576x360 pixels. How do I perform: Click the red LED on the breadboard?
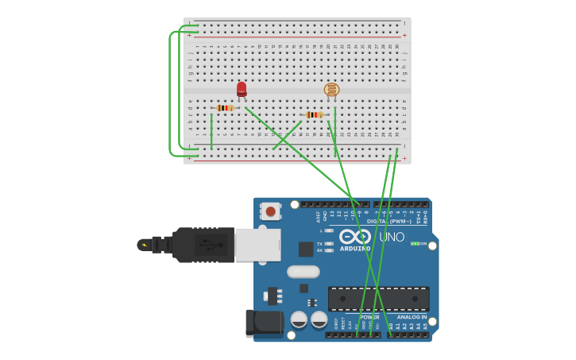(x=242, y=89)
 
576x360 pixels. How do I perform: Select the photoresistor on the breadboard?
(x=331, y=90)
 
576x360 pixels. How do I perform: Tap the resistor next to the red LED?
(x=226, y=108)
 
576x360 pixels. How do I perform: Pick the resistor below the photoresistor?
(x=315, y=114)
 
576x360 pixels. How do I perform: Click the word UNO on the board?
(x=392, y=237)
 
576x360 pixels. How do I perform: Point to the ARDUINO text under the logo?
(x=355, y=249)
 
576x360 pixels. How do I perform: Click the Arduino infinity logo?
(x=355, y=236)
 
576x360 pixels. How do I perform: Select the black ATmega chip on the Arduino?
(x=379, y=298)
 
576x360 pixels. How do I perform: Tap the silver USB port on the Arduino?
(x=257, y=245)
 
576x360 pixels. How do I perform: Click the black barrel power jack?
(x=264, y=322)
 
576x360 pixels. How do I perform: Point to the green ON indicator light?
(x=415, y=243)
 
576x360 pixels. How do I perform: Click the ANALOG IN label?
(x=412, y=317)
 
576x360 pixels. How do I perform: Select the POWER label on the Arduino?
(x=370, y=317)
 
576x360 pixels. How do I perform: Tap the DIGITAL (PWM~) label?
(x=389, y=221)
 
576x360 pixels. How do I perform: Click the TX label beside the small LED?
(x=319, y=244)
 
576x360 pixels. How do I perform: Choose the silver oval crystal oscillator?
(x=303, y=271)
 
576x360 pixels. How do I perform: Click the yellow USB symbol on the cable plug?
(x=145, y=245)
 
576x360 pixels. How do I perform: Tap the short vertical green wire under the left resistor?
(x=211, y=131)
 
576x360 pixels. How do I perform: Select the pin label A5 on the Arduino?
(x=425, y=326)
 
